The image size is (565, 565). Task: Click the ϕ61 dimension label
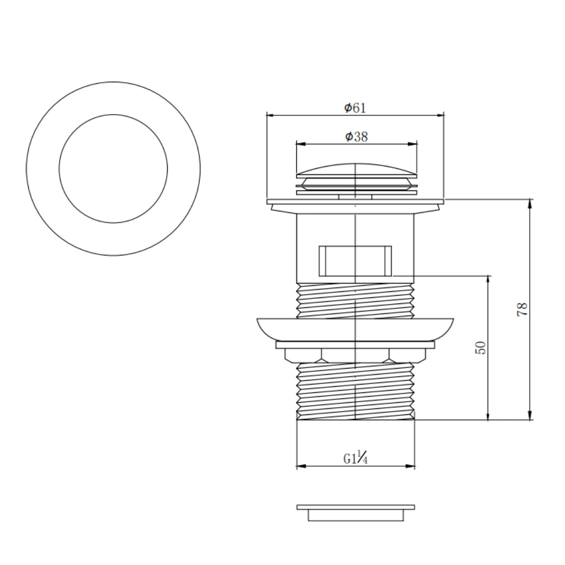(355, 108)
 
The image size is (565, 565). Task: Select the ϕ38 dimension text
(356, 137)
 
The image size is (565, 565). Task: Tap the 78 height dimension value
(522, 309)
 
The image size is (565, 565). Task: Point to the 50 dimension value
(481, 348)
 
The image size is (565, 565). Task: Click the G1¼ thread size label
(355, 458)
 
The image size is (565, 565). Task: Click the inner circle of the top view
(113, 115)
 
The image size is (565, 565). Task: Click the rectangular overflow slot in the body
(355, 261)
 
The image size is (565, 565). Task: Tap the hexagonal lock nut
(355, 355)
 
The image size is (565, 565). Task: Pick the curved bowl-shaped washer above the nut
(355, 329)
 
